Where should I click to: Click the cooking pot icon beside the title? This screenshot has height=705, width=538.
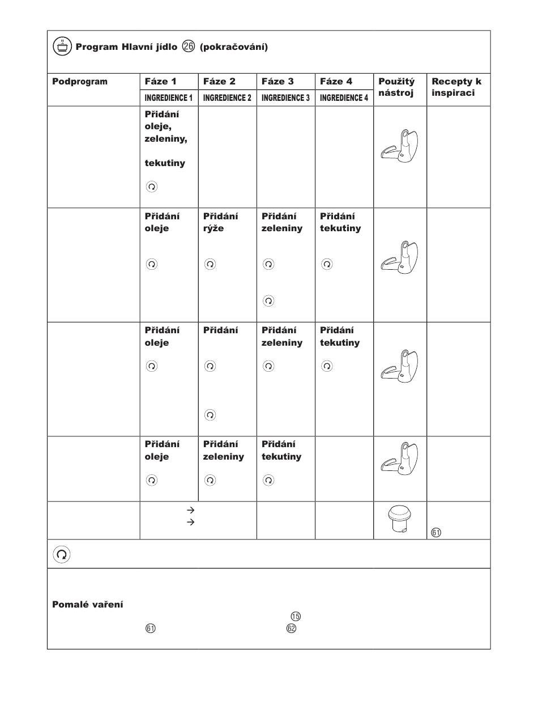[62, 46]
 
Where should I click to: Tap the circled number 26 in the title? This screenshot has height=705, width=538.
[189, 46]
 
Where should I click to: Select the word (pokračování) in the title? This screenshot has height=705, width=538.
[234, 46]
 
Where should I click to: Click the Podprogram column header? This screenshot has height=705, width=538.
[79, 82]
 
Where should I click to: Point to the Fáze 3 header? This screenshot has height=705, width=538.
[277, 82]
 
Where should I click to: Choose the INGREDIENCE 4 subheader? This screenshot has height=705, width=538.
[343, 98]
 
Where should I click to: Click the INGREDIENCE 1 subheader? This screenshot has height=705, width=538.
[168, 98]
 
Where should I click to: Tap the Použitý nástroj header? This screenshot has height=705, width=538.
[396, 87]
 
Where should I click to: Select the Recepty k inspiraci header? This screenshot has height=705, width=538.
[456, 87]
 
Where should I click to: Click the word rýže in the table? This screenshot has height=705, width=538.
[214, 228]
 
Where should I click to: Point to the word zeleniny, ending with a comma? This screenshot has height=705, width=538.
[166, 139]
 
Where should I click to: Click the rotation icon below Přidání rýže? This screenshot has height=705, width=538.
[210, 264]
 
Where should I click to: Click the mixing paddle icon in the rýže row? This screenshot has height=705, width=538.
[399, 258]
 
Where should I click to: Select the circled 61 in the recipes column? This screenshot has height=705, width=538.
[435, 533]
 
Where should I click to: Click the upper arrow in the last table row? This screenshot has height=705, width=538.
[190, 511]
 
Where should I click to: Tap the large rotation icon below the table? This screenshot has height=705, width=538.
[62, 554]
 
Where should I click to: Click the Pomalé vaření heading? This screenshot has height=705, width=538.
[88, 605]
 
